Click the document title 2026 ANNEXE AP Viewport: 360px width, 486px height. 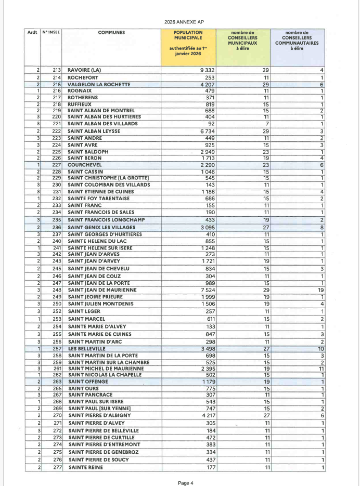pyautogui.click(x=179, y=22)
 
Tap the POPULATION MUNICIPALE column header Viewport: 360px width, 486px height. pyautogui.click(x=188, y=35)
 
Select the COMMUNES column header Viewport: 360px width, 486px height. pyautogui.click(x=111, y=32)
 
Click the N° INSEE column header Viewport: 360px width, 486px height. pyautogui.click(x=51, y=32)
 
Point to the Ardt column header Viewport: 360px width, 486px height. pyautogui.click(x=32, y=32)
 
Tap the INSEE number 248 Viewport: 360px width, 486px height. pyautogui.click(x=57, y=290)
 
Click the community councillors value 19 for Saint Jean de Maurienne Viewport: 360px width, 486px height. pyautogui.click(x=321, y=290)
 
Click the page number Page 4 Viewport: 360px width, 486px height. pyautogui.click(x=185, y=483)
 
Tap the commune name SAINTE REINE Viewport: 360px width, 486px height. pyautogui.click(x=86, y=468)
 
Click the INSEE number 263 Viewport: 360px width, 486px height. pyautogui.click(x=57, y=382)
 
